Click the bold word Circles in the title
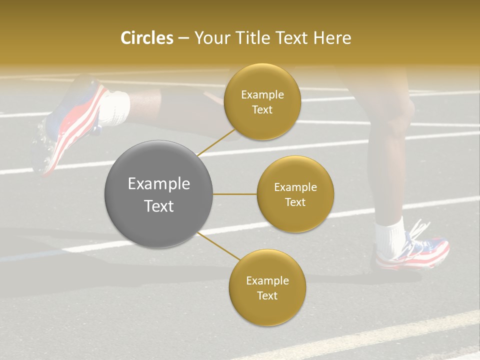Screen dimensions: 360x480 pos(147,38)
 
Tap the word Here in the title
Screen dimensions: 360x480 pos(332,38)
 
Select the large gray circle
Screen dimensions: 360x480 pos(159,194)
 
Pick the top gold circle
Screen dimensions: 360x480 pos(262,101)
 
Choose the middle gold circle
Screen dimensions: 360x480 pos(295,194)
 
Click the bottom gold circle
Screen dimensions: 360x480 pos(267,287)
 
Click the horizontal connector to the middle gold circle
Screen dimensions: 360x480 pos(235,194)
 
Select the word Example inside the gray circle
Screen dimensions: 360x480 pos(159,184)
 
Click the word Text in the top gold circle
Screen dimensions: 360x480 pos(262,109)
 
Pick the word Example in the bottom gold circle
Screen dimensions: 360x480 pos(267,280)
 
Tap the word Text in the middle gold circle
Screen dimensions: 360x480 pos(295,202)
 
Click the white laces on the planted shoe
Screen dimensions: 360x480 pos(419,231)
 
